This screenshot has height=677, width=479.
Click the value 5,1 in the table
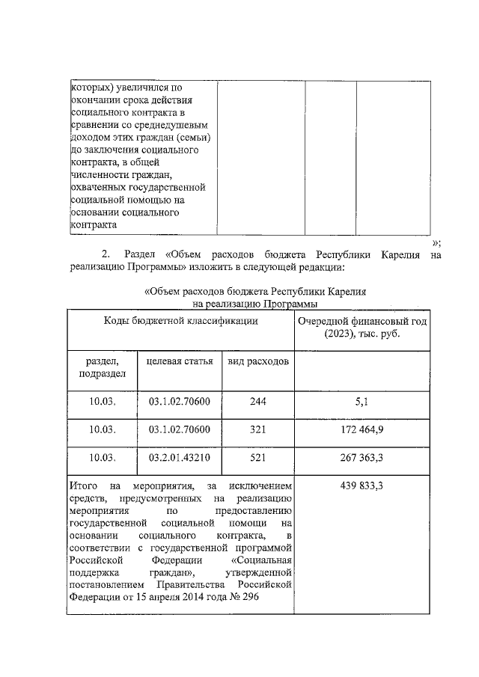click(x=361, y=402)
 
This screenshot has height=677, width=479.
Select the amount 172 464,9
click(x=361, y=429)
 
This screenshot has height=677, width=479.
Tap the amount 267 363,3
click(x=361, y=457)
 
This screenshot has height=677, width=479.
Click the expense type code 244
click(x=257, y=402)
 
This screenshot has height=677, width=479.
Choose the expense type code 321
click(x=257, y=429)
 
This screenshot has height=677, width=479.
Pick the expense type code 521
click(x=257, y=457)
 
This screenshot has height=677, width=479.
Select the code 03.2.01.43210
click(x=180, y=457)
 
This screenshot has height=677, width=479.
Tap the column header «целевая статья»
click(x=180, y=361)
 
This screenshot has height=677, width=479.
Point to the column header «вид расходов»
click(x=258, y=361)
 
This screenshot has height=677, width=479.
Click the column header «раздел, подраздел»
click(x=101, y=367)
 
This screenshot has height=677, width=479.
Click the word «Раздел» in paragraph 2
click(x=141, y=254)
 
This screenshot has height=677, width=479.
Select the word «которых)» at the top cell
click(x=90, y=87)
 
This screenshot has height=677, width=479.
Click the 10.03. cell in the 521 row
click(x=101, y=457)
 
